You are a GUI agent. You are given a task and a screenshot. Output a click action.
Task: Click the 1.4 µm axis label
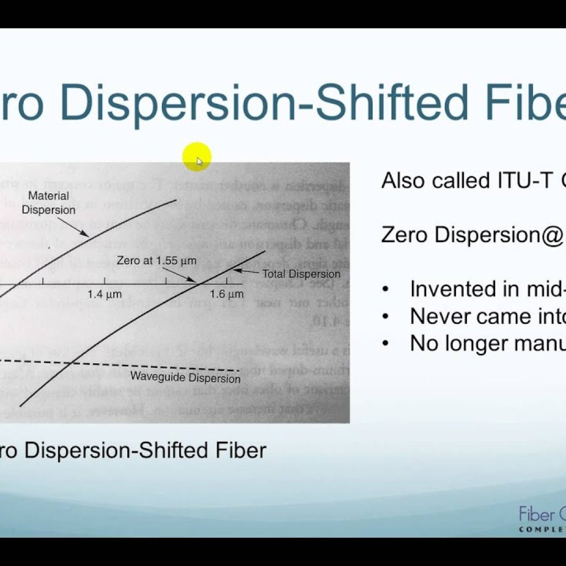click(x=104, y=295)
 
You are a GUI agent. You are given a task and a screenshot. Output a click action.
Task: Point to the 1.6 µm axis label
click(x=227, y=295)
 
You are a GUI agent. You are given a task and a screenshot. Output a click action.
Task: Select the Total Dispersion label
click(x=301, y=274)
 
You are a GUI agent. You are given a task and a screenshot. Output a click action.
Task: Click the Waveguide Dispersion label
click(x=185, y=378)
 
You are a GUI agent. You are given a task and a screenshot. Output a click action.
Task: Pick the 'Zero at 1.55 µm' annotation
click(x=156, y=260)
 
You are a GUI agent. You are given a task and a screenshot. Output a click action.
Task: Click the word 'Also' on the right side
click(x=401, y=180)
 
